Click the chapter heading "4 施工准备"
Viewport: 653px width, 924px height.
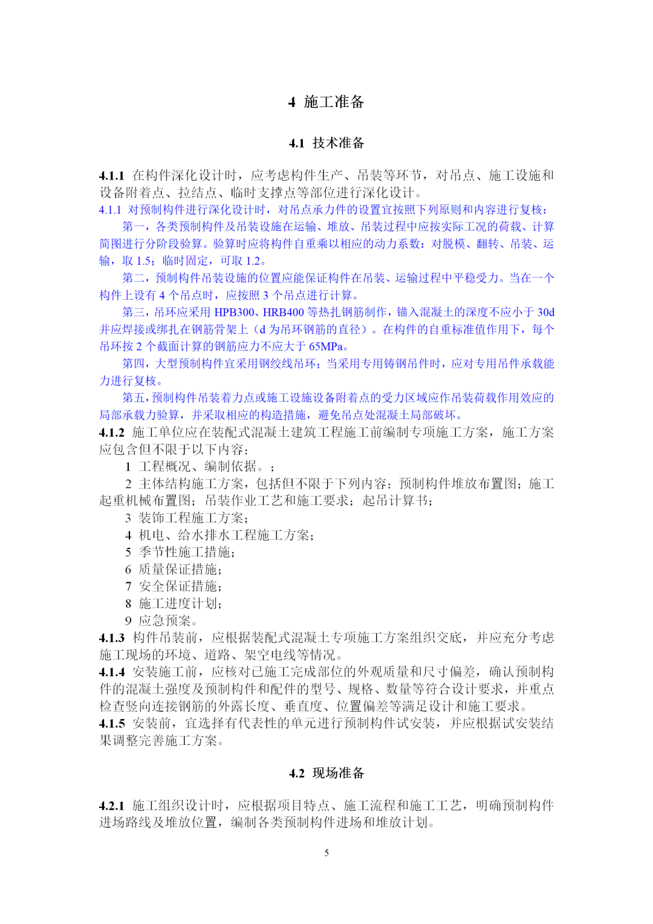pyautogui.click(x=326, y=102)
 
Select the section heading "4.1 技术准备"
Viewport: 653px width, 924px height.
pyautogui.click(x=326, y=143)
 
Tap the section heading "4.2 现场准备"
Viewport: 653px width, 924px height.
pyautogui.click(x=326, y=773)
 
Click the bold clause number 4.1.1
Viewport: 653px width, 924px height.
pyautogui.click(x=112, y=176)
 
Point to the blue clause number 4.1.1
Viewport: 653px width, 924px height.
pyautogui.click(x=110, y=210)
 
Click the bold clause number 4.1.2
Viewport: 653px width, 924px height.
pyautogui.click(x=112, y=433)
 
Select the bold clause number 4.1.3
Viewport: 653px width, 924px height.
pyautogui.click(x=112, y=638)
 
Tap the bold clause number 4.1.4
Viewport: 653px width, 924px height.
pyautogui.click(x=112, y=672)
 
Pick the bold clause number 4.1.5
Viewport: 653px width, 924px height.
pyautogui.click(x=112, y=724)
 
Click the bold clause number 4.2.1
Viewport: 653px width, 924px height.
pyautogui.click(x=112, y=806)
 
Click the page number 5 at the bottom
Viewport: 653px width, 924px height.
pyautogui.click(x=326, y=853)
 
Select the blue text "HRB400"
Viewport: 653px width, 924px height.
pyautogui.click(x=283, y=313)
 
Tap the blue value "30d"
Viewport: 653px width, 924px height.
pyautogui.click(x=545, y=313)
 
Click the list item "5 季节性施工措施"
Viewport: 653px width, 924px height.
pyautogui.click(x=180, y=552)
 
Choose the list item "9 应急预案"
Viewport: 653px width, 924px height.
pyautogui.click(x=161, y=621)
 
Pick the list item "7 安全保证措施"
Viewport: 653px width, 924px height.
pyautogui.click(x=173, y=587)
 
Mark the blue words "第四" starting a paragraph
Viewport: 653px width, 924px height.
pyautogui.click(x=134, y=363)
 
